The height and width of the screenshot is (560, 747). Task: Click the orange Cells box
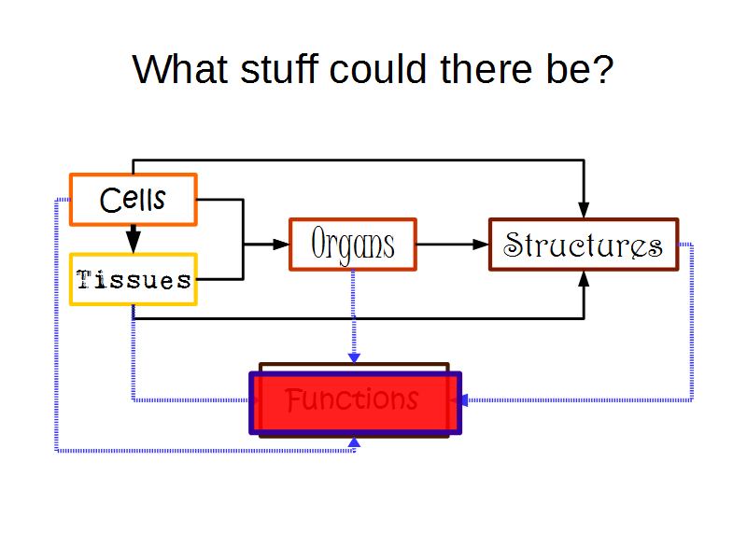tap(133, 199)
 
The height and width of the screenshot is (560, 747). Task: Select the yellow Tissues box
tap(133, 279)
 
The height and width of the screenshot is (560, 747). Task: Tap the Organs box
tap(353, 245)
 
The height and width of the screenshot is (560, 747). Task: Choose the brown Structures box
tap(584, 245)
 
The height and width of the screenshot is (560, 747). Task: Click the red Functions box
tap(355, 402)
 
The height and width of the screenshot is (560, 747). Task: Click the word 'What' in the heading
tap(174, 69)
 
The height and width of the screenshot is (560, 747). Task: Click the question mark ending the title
tap(603, 69)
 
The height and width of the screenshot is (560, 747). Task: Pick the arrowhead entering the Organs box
tap(281, 245)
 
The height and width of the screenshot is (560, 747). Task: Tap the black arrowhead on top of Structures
tap(584, 210)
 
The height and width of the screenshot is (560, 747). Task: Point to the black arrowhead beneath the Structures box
tap(584, 278)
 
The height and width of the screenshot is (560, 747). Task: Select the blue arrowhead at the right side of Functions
tap(459, 400)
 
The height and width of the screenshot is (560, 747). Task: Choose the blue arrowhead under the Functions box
tap(353, 442)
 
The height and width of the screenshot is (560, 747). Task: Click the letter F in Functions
tap(294, 400)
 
